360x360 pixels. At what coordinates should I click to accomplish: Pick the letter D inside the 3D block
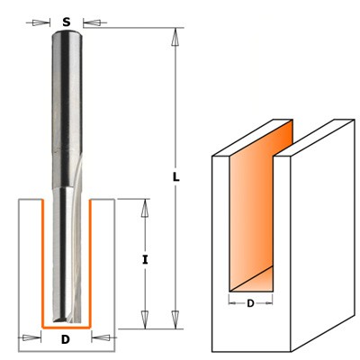tap(249, 303)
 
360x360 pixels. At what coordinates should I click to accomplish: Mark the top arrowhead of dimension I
tap(143, 205)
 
